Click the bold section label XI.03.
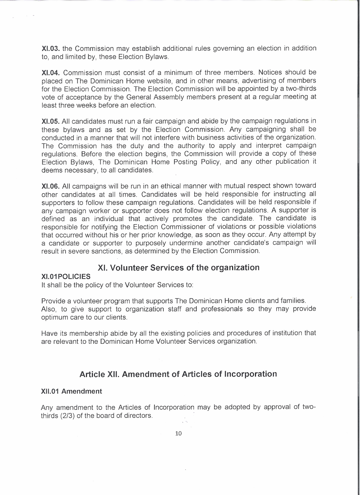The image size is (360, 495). tap(51, 49)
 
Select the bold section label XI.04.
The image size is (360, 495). tap(51, 73)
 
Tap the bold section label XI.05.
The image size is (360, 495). tap(51, 121)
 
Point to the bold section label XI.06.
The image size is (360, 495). tap(51, 186)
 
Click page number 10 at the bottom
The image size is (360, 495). tap(179, 433)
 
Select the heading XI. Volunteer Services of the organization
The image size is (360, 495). tap(179, 268)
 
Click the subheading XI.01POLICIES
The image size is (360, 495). tap(66, 276)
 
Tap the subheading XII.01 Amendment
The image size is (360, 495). tap(72, 391)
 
